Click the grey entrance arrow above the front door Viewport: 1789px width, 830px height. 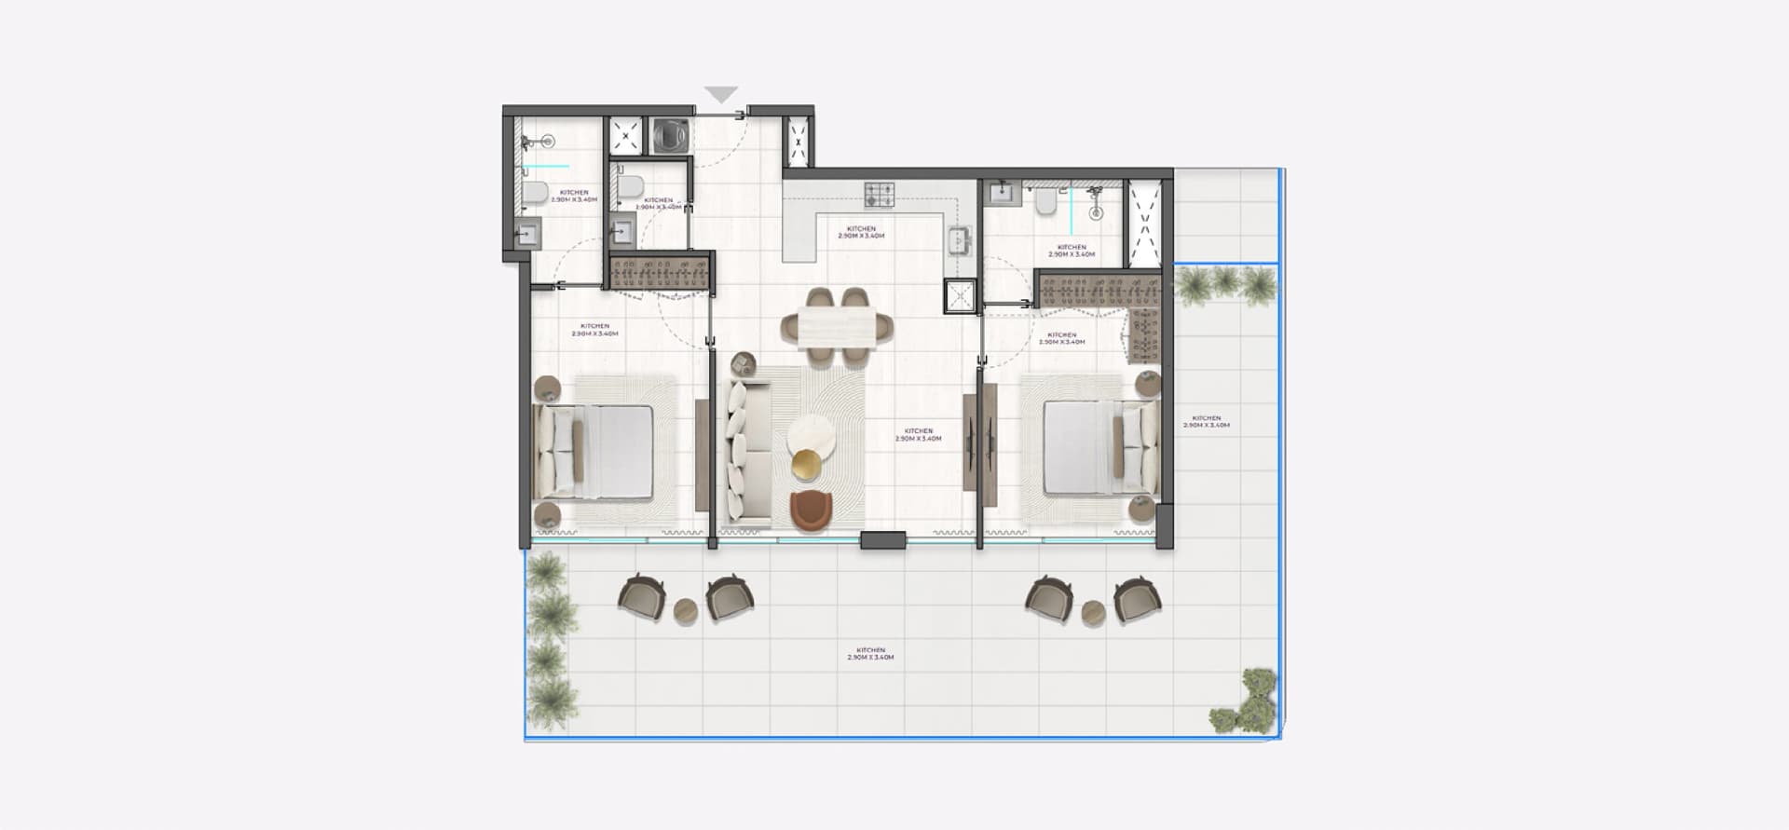[721, 94]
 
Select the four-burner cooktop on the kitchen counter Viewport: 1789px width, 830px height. [880, 194]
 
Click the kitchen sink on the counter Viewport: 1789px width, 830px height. [958, 241]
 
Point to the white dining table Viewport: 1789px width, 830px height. [836, 326]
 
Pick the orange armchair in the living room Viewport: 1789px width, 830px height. [811, 511]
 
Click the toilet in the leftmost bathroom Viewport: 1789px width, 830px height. [535, 192]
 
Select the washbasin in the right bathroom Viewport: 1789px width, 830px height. [1003, 192]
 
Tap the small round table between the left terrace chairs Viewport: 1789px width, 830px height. [686, 611]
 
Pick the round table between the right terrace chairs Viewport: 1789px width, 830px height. [1093, 612]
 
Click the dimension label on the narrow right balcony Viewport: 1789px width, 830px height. [1206, 422]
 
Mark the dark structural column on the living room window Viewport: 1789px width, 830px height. [882, 539]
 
